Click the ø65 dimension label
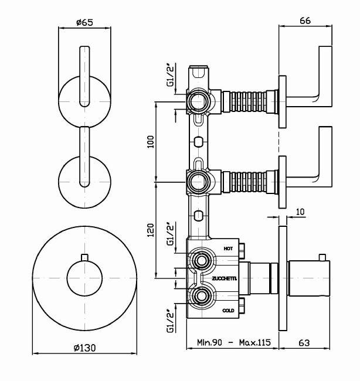click(x=86, y=23)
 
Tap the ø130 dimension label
click(x=86, y=347)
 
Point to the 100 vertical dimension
click(x=150, y=141)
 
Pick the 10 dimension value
click(x=300, y=212)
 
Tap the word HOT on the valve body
click(x=229, y=249)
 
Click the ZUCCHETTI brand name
click(x=225, y=278)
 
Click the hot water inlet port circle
click(x=202, y=260)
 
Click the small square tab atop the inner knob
click(x=86, y=256)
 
